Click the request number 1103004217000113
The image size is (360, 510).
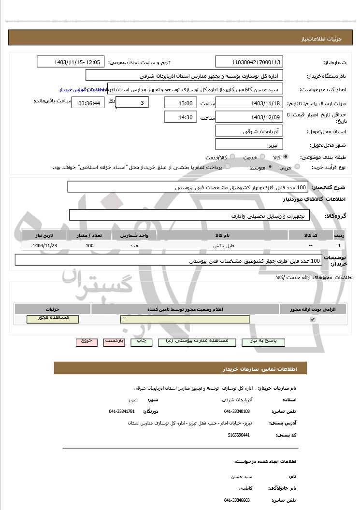(249, 62)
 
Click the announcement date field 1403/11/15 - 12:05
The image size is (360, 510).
(71, 62)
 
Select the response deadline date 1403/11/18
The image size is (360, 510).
(249, 103)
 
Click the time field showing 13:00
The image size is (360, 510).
(181, 103)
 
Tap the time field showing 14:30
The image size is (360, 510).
(181, 117)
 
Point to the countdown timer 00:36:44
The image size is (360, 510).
(88, 103)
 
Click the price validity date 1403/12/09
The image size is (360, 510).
(249, 117)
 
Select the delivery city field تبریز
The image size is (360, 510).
(249, 144)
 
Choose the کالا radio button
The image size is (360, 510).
(286, 157)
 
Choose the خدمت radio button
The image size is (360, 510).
(262, 157)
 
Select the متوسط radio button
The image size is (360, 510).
(270, 167)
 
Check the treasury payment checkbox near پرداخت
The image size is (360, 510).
(228, 167)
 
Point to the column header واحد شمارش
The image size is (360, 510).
(134, 235)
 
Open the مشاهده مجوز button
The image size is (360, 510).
(53, 319)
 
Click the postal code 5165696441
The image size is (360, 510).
(239, 435)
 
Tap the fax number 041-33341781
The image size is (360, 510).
(122, 411)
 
